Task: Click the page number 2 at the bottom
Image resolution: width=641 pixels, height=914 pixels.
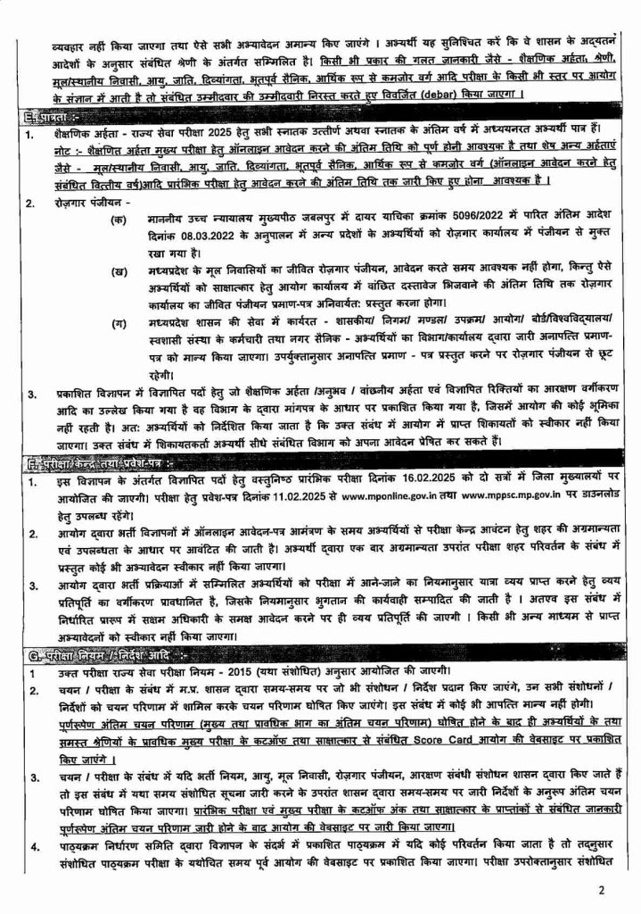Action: (x=602, y=890)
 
